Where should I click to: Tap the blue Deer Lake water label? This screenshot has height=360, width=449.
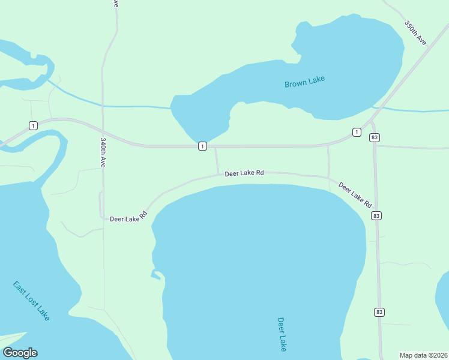click(282, 334)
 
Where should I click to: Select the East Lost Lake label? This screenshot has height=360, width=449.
click(31, 300)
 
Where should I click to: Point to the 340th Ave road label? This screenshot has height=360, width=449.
click(104, 152)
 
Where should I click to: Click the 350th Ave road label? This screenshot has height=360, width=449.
click(415, 34)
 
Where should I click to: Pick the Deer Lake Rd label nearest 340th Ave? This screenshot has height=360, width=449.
click(128, 217)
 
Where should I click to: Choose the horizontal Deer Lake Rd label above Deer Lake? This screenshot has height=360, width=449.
click(244, 173)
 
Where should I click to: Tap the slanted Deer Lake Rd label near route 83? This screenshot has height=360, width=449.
click(355, 194)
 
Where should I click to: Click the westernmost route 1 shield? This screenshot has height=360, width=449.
click(33, 125)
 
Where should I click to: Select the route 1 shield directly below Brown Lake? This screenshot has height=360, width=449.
click(203, 146)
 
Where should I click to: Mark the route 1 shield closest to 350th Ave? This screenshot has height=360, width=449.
click(357, 132)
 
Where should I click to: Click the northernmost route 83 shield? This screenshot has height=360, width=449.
click(375, 137)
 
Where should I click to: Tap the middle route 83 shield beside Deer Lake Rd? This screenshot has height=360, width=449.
click(376, 215)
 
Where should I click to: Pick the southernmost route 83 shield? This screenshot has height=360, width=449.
click(379, 312)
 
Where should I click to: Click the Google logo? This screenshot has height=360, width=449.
click(20, 353)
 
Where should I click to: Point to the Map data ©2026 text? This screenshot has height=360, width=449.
click(423, 355)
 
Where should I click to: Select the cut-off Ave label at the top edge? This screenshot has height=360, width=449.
click(115, 4)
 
